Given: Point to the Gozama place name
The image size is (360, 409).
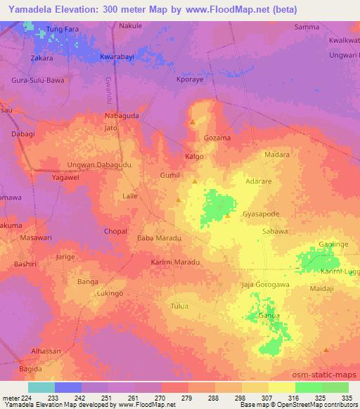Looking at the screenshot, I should coord(217,138).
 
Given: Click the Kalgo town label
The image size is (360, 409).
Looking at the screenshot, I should coord(194,156).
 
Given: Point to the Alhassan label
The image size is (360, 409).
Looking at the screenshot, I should coord(46,350).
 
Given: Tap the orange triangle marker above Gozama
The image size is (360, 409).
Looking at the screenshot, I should coord(193,123).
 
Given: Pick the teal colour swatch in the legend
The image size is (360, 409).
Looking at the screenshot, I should coord(41,387).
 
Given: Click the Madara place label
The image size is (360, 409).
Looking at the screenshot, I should coord(276,155).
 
